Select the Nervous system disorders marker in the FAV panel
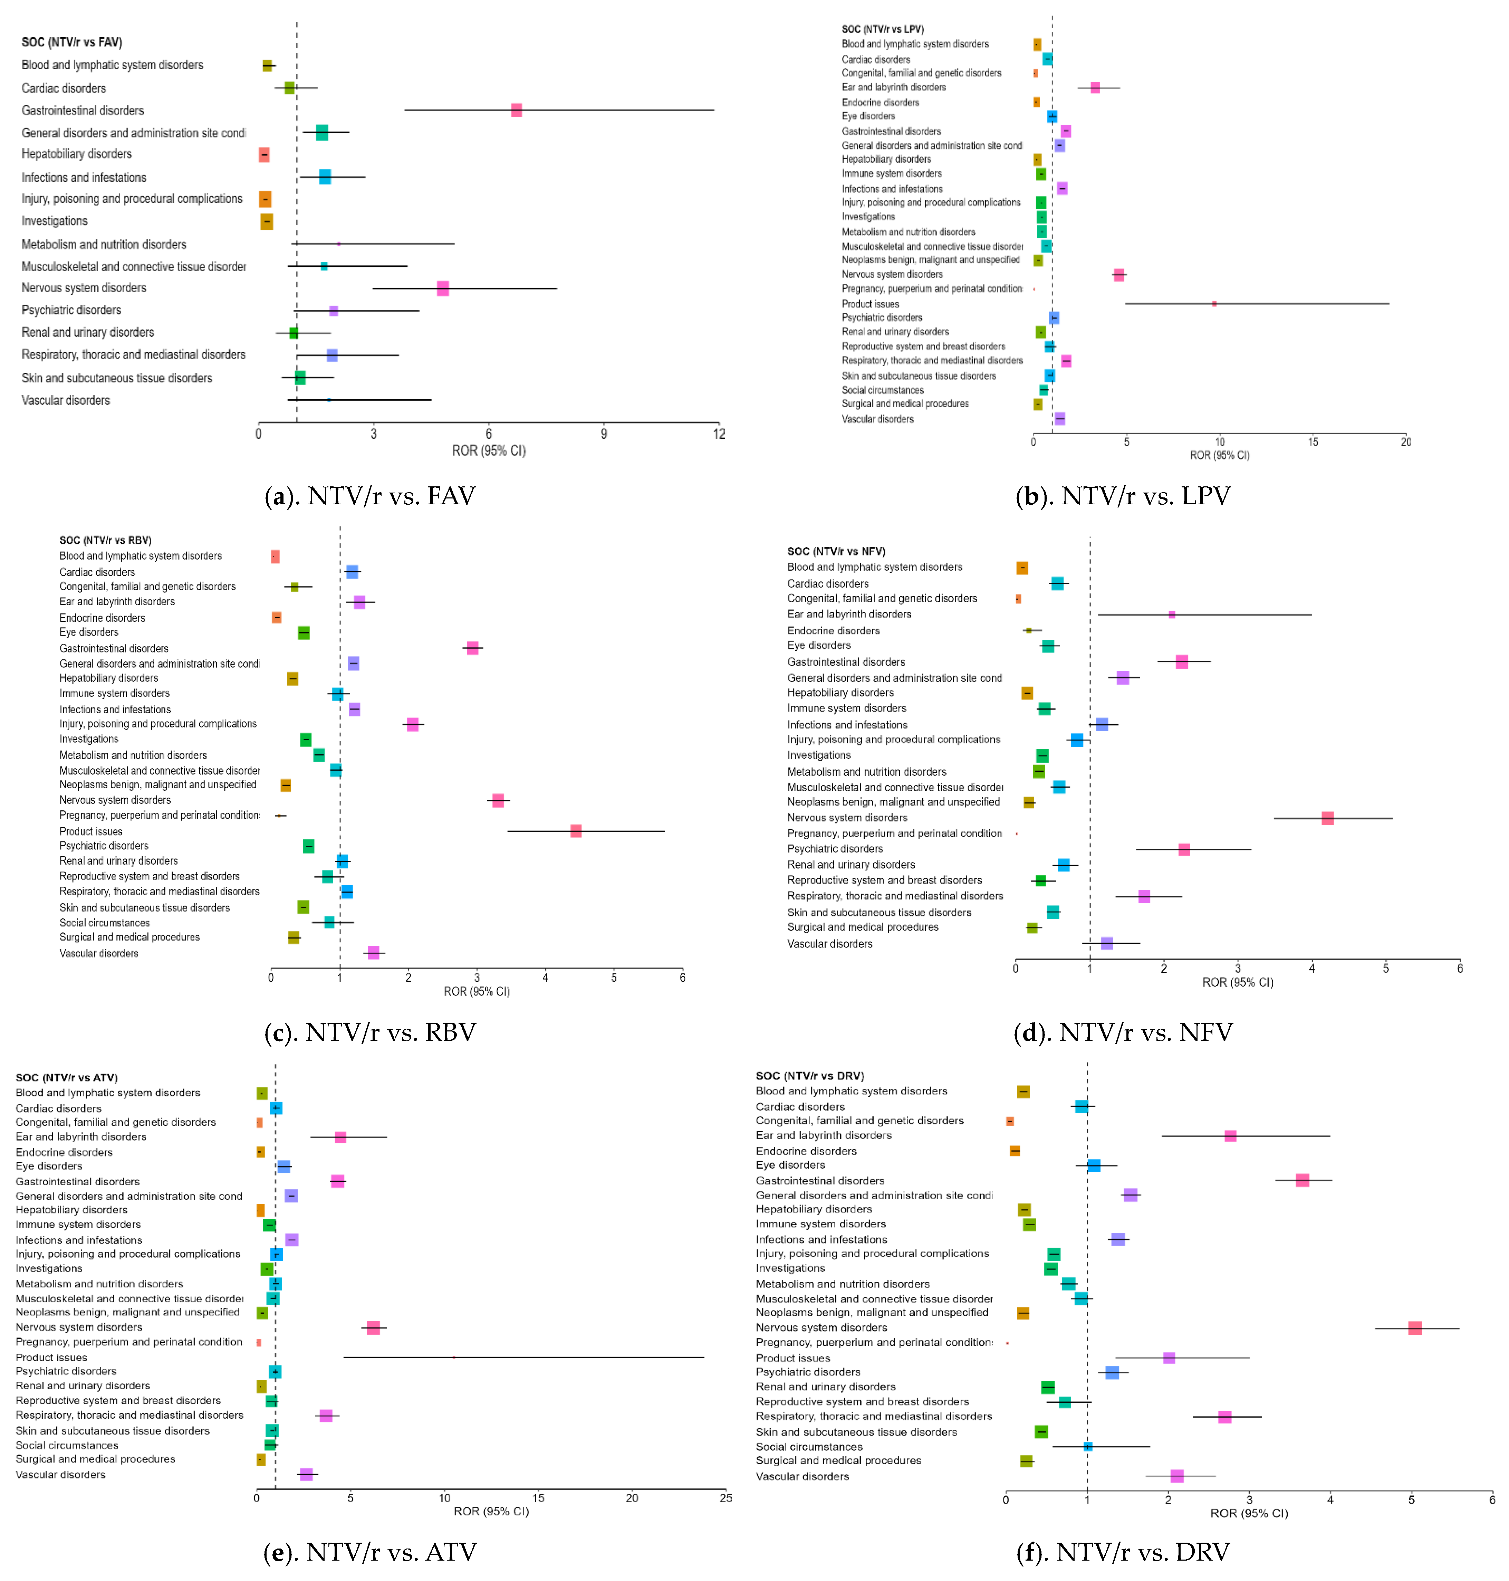point(442,288)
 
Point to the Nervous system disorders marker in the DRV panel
point(1415,1327)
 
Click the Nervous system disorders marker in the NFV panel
point(1328,818)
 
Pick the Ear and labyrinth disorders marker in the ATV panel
point(340,1137)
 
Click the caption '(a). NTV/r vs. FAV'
point(370,496)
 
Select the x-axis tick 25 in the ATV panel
point(725,1498)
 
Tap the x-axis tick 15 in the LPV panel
point(1313,442)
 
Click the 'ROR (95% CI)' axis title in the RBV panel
point(477,991)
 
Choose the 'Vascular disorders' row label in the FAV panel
point(66,401)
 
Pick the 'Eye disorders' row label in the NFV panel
point(819,645)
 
